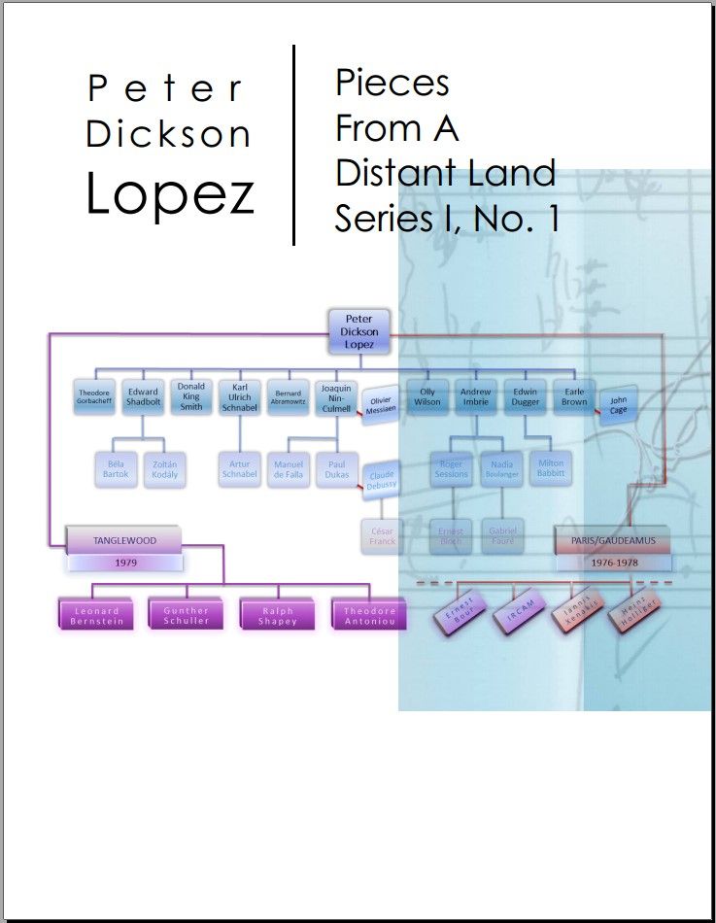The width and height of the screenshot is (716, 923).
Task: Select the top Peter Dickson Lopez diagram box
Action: tap(359, 331)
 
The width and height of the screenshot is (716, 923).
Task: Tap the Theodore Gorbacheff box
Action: tap(94, 396)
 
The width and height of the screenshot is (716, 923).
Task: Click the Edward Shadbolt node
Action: tap(143, 396)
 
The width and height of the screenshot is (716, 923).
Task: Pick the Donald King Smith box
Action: tap(190, 395)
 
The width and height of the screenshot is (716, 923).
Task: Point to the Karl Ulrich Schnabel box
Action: tap(239, 396)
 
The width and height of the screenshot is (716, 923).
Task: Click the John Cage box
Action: tap(618, 405)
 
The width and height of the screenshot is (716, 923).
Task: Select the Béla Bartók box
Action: tap(116, 469)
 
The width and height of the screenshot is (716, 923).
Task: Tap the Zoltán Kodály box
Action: tap(164, 469)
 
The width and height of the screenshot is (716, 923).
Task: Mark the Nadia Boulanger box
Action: tap(502, 468)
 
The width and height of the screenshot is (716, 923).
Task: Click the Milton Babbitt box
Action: tap(550, 468)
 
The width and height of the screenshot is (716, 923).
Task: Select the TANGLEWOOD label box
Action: tap(124, 540)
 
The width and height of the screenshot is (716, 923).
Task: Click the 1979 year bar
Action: tap(124, 563)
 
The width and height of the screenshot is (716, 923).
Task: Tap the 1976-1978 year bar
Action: tap(613, 563)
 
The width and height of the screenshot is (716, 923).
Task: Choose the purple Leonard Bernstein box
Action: tap(97, 616)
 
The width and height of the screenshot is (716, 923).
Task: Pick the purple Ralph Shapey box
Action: tap(279, 616)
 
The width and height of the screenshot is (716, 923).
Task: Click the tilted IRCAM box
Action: tap(516, 612)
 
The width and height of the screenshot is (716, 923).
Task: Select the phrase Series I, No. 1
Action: tap(447, 220)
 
